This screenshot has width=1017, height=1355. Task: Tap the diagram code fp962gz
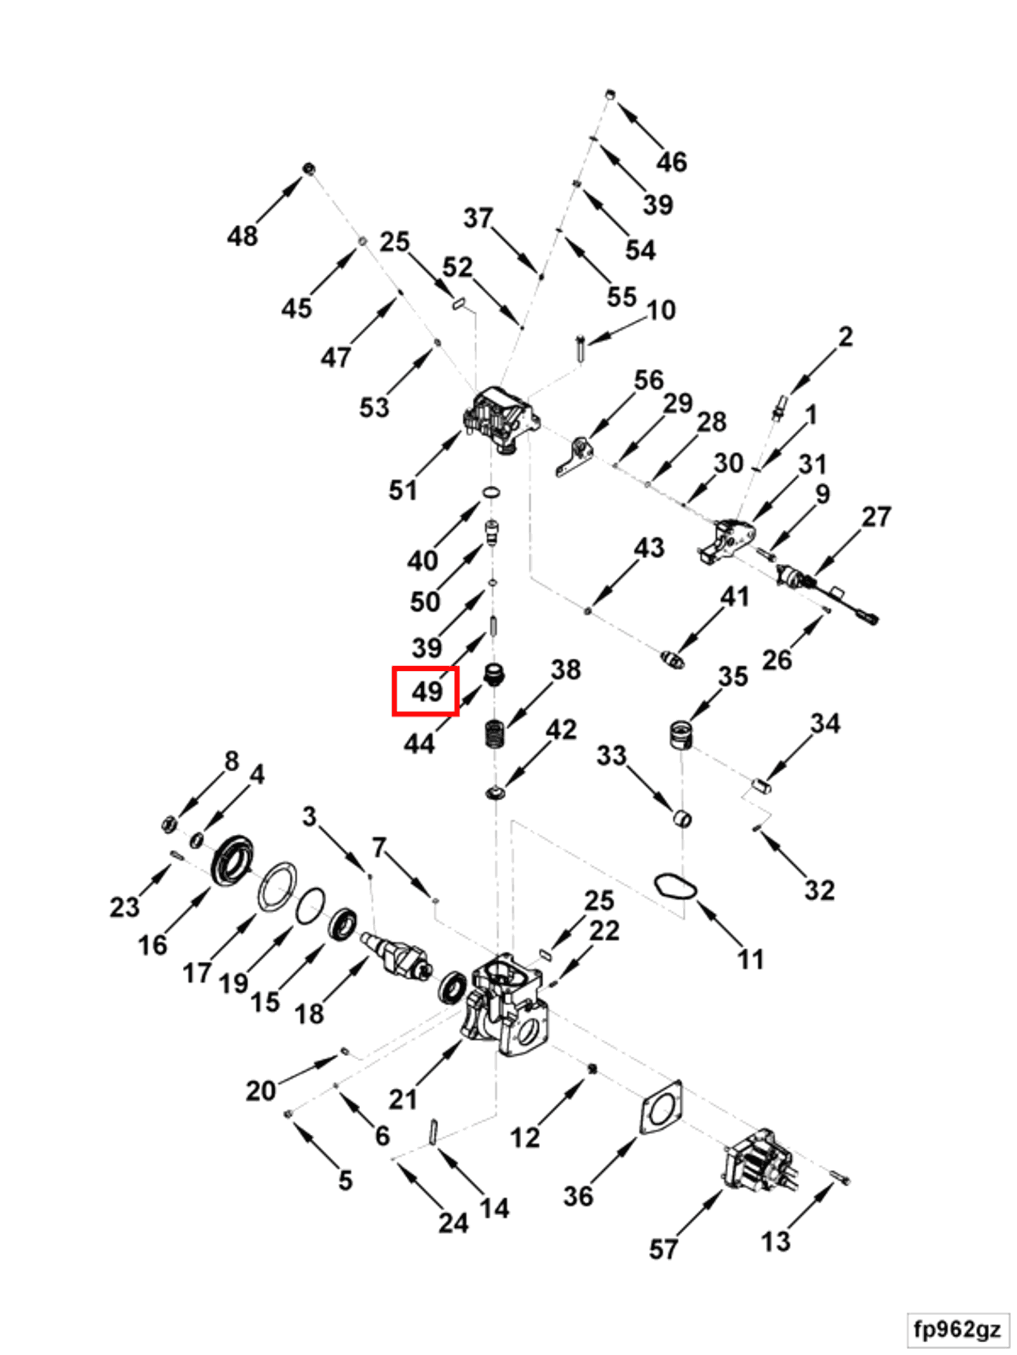(x=957, y=1328)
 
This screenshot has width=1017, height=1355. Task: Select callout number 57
(x=663, y=1249)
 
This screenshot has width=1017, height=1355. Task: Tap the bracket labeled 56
(x=576, y=455)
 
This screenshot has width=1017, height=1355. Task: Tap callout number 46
(x=672, y=162)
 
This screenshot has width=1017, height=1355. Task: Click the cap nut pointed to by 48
(x=309, y=168)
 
